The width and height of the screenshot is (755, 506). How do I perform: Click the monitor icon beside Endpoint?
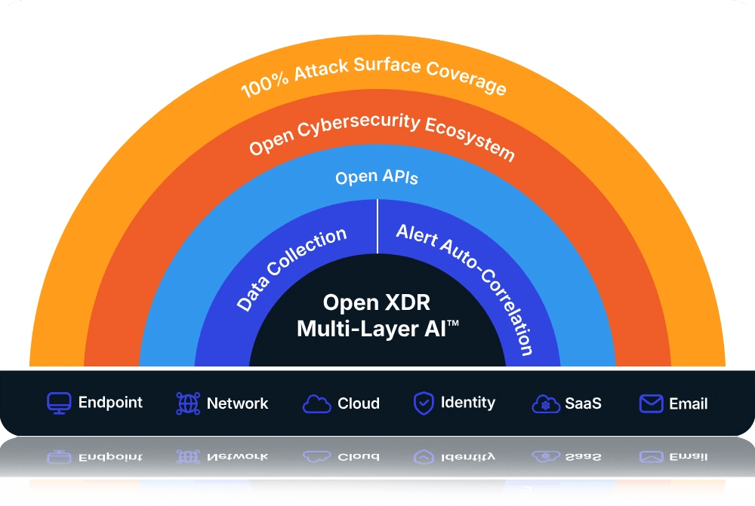(x=59, y=403)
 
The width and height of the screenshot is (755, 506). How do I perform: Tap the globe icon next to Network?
(x=188, y=403)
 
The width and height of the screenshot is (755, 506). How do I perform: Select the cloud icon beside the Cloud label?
(x=316, y=404)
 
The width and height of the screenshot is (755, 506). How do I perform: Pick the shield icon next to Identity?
(x=424, y=403)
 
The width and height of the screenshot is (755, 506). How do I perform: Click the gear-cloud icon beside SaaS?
(x=546, y=404)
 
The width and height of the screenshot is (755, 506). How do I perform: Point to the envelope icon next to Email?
(x=651, y=403)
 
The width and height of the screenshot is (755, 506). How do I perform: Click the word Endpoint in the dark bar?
(x=110, y=403)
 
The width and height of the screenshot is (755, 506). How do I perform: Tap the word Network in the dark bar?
(x=237, y=403)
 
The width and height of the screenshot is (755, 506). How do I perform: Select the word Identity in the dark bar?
(x=468, y=403)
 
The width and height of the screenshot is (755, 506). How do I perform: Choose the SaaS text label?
(x=583, y=403)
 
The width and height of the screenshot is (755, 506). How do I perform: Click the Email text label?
(x=689, y=403)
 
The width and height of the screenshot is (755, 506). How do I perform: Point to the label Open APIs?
(x=377, y=177)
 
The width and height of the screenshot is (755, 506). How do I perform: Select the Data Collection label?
(x=291, y=269)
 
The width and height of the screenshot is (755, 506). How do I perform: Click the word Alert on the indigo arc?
(x=417, y=235)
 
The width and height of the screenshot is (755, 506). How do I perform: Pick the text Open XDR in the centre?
(x=377, y=302)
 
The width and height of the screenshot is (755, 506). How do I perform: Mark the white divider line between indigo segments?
(x=377, y=226)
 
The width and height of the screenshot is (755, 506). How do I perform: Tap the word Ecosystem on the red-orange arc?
(x=470, y=139)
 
